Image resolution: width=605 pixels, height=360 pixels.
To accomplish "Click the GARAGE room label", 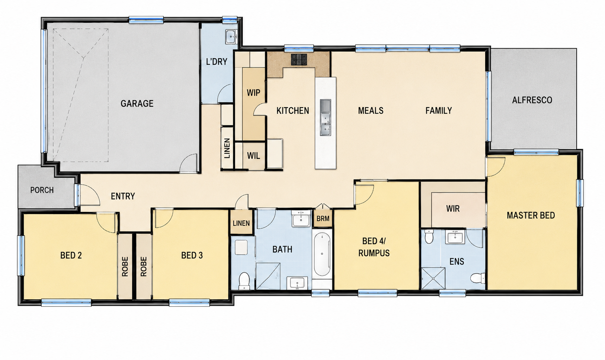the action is click(x=137, y=103).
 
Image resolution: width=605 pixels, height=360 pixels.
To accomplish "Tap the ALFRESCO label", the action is click(x=532, y=100).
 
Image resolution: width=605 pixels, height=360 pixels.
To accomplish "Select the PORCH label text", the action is click(x=42, y=190).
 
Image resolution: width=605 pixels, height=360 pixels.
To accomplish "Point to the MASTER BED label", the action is click(x=531, y=216).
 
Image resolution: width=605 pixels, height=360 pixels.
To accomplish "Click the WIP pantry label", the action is click(x=253, y=93).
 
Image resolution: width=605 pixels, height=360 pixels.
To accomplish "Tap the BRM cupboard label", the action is click(x=323, y=219).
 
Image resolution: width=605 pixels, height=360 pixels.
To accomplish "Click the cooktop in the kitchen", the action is click(x=299, y=60).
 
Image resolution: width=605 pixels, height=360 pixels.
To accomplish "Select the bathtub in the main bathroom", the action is click(x=322, y=254).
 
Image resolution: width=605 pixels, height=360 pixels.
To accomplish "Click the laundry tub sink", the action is click(x=231, y=36).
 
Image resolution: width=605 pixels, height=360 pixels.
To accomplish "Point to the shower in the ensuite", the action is click(x=433, y=278).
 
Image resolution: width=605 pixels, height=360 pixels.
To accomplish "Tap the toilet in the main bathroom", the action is click(x=244, y=280).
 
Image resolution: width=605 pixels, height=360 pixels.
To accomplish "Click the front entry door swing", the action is click(x=90, y=195).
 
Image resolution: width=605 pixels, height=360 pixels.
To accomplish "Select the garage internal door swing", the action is click(x=189, y=163).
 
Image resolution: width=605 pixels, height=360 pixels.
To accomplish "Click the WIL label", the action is click(x=254, y=156).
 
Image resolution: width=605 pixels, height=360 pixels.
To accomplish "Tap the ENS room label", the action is click(x=457, y=261).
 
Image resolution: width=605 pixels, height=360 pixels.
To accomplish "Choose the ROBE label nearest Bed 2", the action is click(x=125, y=267).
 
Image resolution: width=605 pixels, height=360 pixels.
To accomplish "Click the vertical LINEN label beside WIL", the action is click(x=227, y=149).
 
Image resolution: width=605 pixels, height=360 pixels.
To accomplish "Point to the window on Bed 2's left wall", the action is click(x=21, y=256).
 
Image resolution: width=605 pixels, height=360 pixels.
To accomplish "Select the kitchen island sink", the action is click(x=326, y=118).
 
